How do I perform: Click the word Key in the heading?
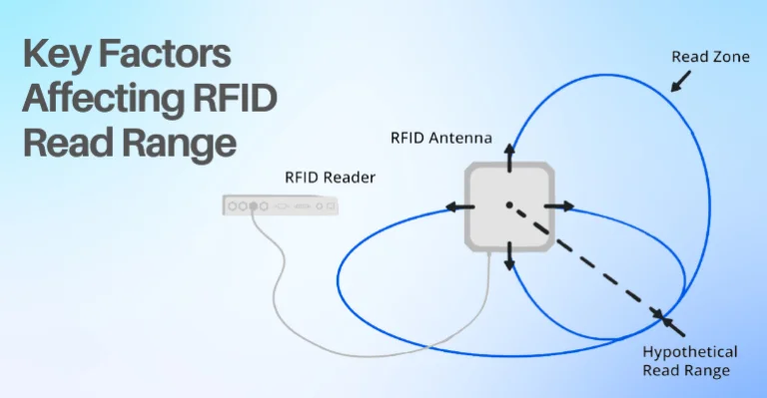(x=62, y=56)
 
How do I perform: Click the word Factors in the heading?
(x=165, y=56)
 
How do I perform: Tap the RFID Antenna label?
(x=444, y=138)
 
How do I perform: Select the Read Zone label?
(x=710, y=58)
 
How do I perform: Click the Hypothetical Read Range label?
(x=690, y=361)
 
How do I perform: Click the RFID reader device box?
(x=281, y=205)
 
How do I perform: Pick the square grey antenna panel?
(x=508, y=206)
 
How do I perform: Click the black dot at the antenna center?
(x=508, y=205)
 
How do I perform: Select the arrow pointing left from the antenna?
(x=459, y=206)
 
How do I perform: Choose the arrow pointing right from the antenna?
(x=560, y=206)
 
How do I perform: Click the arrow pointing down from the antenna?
(x=508, y=257)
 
